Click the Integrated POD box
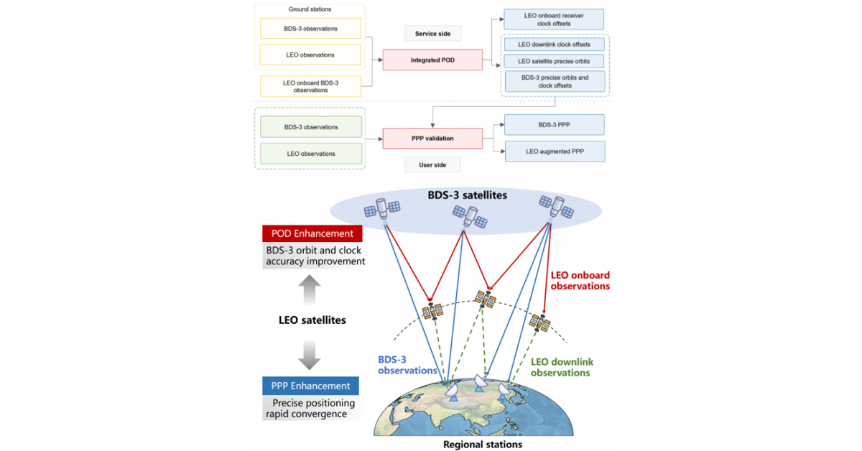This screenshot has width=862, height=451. pos(432,60)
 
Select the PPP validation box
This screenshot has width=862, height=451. pos(432,138)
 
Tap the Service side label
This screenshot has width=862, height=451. pos(432,34)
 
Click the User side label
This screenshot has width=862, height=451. pos(432,164)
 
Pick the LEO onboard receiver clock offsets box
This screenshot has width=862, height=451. pos(554,19)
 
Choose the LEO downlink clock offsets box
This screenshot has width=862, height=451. pos(554,45)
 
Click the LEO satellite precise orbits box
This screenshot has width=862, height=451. pos(554,61)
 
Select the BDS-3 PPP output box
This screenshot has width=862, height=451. pos(554,125)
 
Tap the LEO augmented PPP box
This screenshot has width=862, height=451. pos(555,152)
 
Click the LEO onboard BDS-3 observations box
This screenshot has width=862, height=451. pos(310,86)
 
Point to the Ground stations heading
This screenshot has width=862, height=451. pos(310,9)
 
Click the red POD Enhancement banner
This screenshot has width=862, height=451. pos(312,233)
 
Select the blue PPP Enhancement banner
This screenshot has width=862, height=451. pos(310,386)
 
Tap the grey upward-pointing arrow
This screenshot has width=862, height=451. pos(310,289)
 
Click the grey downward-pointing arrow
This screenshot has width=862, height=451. pos(310,355)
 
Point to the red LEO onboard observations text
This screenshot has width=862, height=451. pos(580,281)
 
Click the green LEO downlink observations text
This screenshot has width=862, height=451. pos(562,367)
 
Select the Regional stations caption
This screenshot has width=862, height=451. pos(483,445)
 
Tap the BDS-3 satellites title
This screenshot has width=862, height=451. pos(468,195)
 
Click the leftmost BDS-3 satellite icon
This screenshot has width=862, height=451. pos(382,208)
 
